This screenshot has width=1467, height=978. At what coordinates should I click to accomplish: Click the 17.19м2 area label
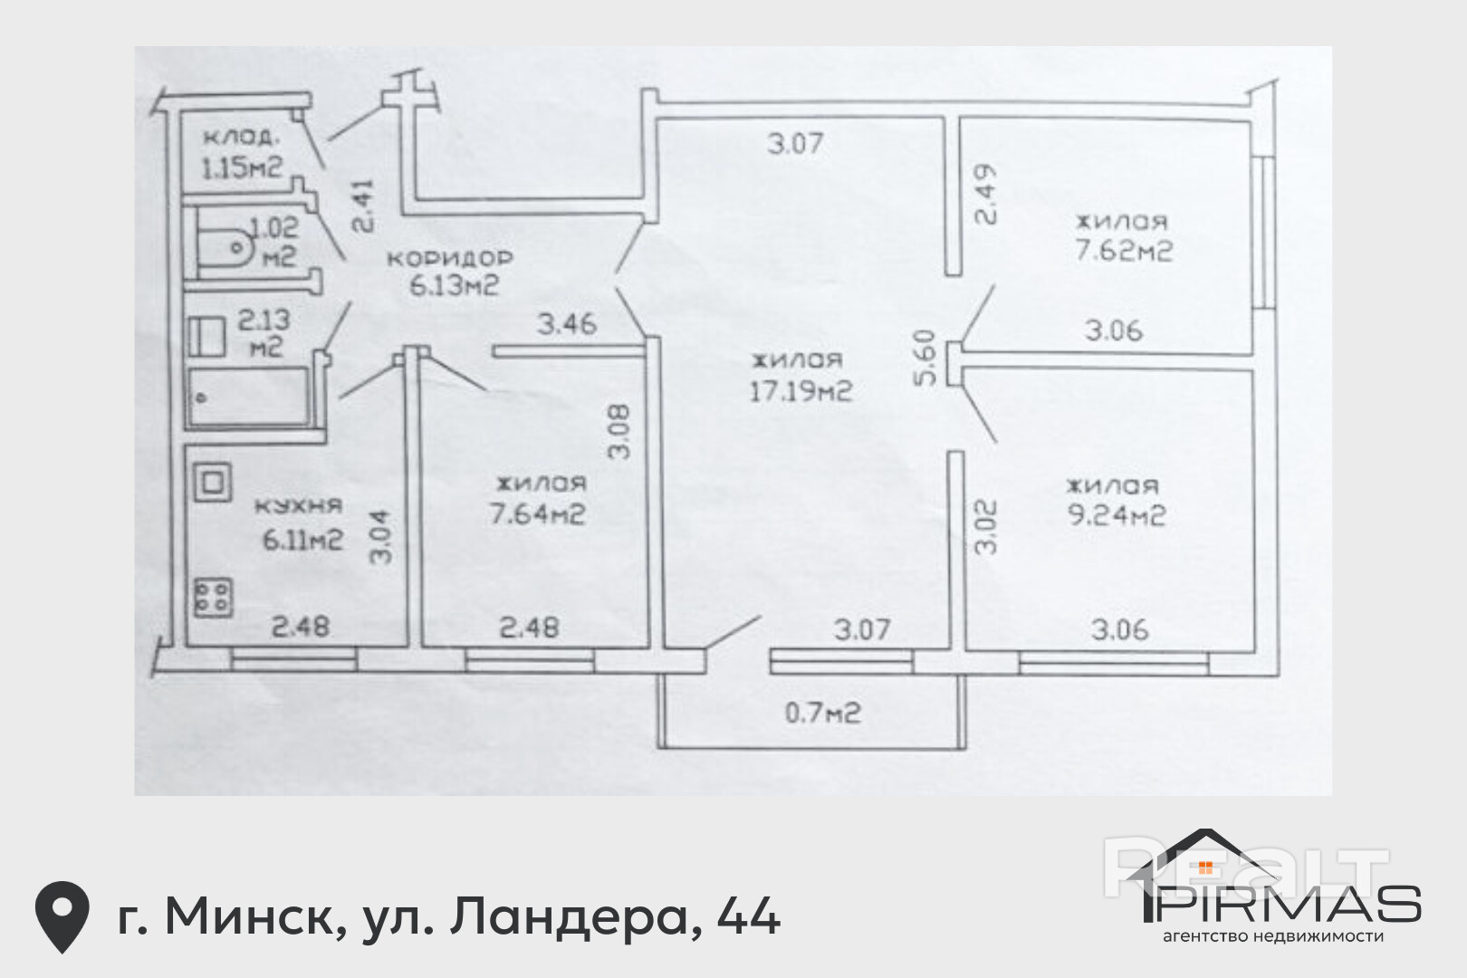tap(801, 392)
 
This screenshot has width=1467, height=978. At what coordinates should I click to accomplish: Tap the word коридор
tap(450, 258)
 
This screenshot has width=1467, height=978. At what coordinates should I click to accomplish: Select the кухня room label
tap(298, 506)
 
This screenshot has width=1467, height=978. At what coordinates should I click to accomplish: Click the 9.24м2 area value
tap(1116, 515)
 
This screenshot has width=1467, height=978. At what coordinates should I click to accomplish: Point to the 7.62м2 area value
tap(1123, 251)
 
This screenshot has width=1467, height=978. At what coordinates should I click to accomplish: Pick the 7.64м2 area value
tap(537, 514)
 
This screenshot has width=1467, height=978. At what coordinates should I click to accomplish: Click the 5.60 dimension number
tap(925, 357)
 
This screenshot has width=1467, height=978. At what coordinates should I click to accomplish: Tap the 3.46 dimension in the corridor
tap(567, 323)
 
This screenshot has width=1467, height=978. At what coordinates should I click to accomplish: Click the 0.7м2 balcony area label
tap(822, 714)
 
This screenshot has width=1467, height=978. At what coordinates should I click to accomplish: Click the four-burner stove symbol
tap(213, 596)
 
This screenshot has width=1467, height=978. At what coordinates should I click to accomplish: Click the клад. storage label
tap(240, 138)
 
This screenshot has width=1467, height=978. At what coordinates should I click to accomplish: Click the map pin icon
tap(62, 916)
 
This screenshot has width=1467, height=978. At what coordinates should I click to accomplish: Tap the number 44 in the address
tap(748, 916)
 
